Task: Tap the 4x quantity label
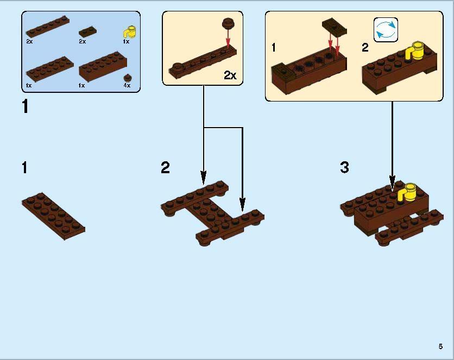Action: coord(127,85)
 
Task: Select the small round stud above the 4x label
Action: coord(127,77)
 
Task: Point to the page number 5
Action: coord(440,346)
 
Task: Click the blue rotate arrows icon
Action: coord(386,29)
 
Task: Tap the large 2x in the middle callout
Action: coord(230,75)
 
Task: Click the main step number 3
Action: coord(344,168)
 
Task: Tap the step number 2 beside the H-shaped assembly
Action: coord(166,168)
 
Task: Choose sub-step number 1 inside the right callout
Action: coord(274,48)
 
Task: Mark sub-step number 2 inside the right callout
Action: coord(365,48)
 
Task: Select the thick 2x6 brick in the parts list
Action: coord(103,66)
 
